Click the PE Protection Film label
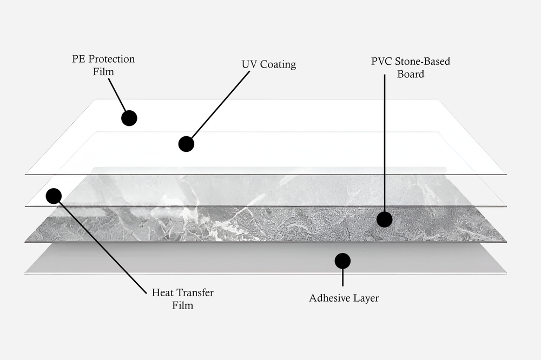point(103,65)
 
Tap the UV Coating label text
point(269,64)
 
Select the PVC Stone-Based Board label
point(411,68)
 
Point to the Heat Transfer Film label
point(182,299)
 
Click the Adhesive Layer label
point(344,298)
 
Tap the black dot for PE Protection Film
point(129,118)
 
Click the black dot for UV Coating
point(186,144)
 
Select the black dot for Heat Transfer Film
point(54,196)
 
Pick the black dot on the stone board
point(384,219)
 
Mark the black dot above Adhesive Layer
point(342,261)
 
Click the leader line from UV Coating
point(219,106)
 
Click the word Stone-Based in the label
point(423,61)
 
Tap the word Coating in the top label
point(278,64)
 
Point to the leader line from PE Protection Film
point(117,95)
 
